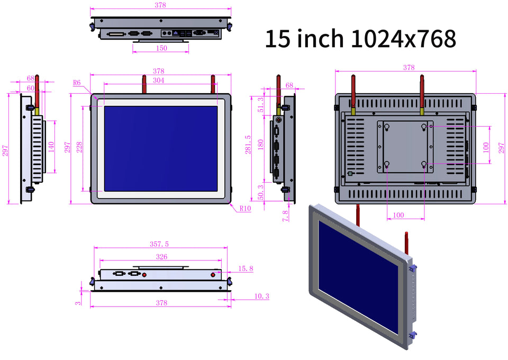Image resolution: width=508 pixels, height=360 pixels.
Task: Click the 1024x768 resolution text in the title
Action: pyautogui.click(x=403, y=39)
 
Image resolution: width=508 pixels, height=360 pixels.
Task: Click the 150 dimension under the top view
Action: pyautogui.click(x=161, y=48)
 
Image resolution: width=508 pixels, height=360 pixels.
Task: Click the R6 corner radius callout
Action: pyautogui.click(x=77, y=83)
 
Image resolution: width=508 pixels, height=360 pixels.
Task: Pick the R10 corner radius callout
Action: pyautogui.click(x=244, y=208)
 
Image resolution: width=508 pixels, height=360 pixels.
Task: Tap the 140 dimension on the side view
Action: pyautogui.click(x=51, y=146)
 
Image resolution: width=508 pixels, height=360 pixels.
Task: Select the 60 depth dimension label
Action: pyautogui.click(x=31, y=87)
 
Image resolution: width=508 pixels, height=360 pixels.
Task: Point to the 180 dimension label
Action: pyautogui.click(x=260, y=145)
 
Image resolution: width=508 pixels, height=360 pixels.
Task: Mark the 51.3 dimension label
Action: pyautogui.click(x=260, y=105)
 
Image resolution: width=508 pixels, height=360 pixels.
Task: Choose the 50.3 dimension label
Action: pyautogui.click(x=260, y=192)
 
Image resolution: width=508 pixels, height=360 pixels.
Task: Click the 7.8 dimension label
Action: pyautogui.click(x=286, y=215)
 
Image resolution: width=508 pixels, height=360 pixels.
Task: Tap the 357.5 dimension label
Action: pyautogui.click(x=159, y=244)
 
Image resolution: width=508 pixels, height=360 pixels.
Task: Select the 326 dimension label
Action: pyautogui.click(x=161, y=257)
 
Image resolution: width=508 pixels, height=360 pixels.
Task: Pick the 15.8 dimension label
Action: pyautogui.click(x=246, y=269)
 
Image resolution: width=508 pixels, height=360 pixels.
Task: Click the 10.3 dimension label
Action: pyautogui.click(x=261, y=296)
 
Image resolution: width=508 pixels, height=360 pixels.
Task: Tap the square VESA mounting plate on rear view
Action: pyautogui.click(x=405, y=146)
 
